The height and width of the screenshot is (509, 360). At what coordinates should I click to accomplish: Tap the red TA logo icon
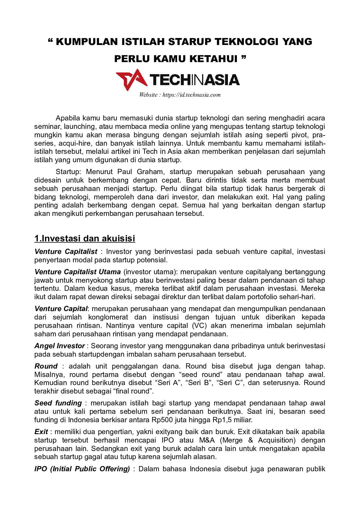[130, 80]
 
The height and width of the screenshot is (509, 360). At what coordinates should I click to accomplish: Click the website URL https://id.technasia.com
[191, 95]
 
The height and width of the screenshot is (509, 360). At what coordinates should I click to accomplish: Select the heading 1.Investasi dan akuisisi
[84, 239]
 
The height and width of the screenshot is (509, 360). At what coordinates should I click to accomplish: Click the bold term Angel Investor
[60, 346]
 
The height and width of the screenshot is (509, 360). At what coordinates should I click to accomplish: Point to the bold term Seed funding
[58, 403]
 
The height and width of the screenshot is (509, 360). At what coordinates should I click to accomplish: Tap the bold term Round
[46, 366]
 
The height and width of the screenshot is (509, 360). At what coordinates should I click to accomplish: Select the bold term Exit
[41, 432]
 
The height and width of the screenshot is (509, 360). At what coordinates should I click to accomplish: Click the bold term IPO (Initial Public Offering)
[82, 469]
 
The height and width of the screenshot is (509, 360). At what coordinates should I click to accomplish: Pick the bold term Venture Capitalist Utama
[78, 272]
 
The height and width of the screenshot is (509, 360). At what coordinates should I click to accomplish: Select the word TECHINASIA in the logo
[195, 80]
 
